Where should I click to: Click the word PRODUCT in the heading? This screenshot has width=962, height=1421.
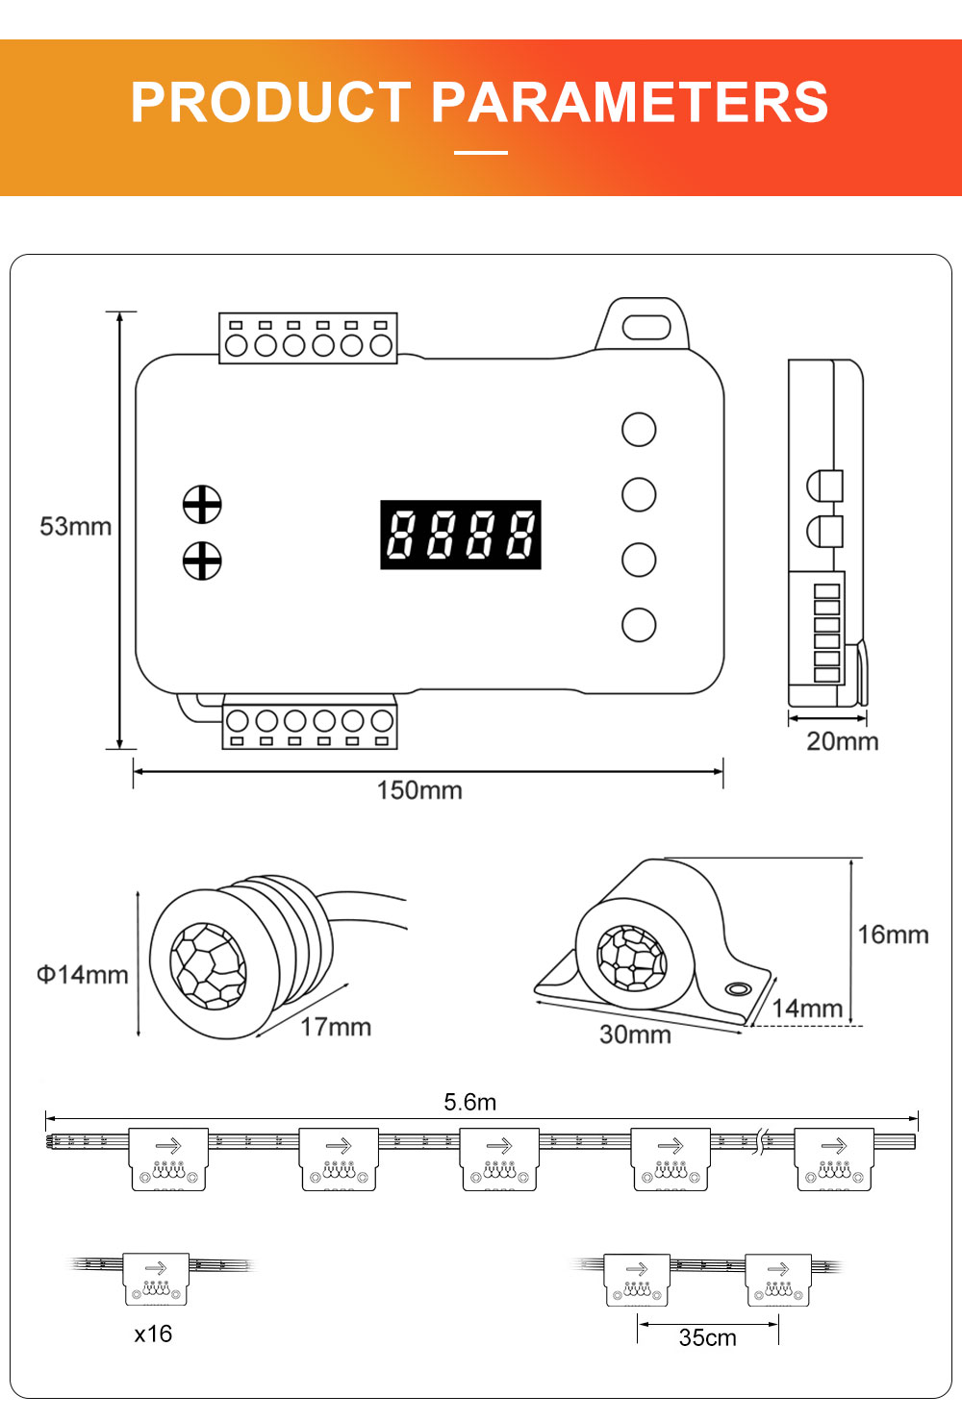(271, 102)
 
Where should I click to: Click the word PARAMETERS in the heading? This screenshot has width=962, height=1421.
(630, 102)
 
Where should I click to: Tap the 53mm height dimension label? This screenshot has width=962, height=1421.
(75, 527)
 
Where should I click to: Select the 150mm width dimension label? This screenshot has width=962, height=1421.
(419, 790)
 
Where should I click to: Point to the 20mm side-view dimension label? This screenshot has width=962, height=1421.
(842, 741)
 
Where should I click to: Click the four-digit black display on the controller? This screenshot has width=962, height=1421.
(461, 535)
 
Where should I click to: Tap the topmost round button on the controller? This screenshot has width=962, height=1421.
(639, 430)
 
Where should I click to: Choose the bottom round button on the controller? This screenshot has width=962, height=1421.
(639, 624)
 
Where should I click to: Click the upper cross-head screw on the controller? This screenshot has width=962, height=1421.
(202, 504)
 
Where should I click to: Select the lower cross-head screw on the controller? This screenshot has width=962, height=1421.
(202, 561)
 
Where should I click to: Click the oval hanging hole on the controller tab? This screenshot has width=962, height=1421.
(646, 327)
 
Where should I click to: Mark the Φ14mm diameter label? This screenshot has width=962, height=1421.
(83, 975)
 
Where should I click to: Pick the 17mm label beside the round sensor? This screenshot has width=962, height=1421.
(336, 1027)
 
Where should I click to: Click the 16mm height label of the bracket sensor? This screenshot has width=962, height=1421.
(893, 935)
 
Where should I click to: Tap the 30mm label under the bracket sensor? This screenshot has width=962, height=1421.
(635, 1035)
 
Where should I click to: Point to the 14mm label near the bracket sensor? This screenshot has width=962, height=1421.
(807, 1009)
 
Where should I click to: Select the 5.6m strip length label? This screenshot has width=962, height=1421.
(470, 1102)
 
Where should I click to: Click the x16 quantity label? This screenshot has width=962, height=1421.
(153, 1334)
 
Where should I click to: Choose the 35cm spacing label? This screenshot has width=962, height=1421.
(707, 1337)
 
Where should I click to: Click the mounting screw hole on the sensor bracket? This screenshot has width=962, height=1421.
(738, 988)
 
